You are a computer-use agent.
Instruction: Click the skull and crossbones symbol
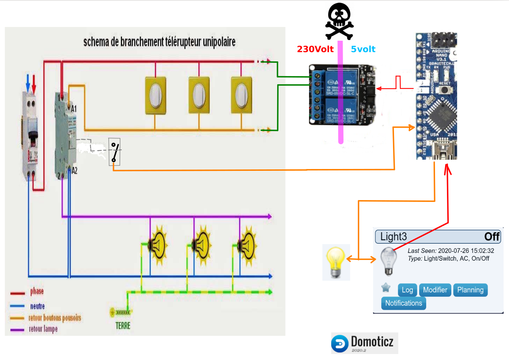click(x=339, y=21)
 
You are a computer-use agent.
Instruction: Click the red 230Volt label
click(x=315, y=49)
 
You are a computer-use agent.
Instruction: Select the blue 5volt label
click(x=363, y=49)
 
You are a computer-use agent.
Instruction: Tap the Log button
click(x=407, y=290)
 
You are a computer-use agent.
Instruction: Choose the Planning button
click(x=470, y=290)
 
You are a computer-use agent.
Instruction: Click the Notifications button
click(x=403, y=303)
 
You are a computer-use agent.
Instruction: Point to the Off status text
click(x=492, y=237)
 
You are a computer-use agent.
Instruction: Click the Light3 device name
click(x=393, y=237)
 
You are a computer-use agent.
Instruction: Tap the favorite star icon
click(x=386, y=287)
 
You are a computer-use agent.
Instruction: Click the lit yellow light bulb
click(x=336, y=262)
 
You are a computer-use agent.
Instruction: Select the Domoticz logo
click(x=364, y=343)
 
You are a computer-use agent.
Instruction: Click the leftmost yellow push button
click(x=156, y=95)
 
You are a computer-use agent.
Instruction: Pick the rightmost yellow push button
click(x=241, y=95)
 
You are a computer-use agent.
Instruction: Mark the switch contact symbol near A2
click(x=115, y=152)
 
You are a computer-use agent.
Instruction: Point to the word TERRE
click(x=123, y=326)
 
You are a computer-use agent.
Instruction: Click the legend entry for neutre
click(x=37, y=306)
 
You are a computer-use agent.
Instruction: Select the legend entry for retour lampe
click(x=43, y=329)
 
